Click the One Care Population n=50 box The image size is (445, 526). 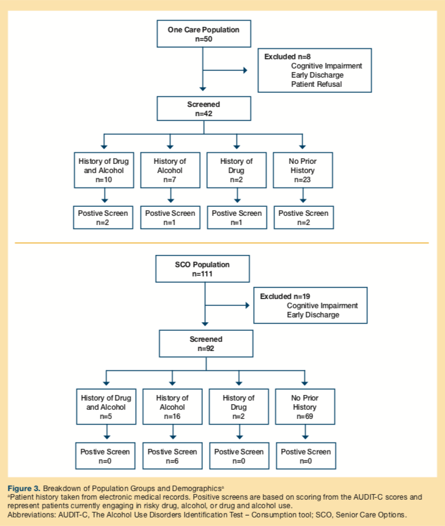coord(204,34)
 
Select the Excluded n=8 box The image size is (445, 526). coord(314,70)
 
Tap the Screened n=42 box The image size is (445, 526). coord(204,109)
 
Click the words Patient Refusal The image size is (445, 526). coord(316,84)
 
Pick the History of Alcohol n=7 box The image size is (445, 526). coord(170,171)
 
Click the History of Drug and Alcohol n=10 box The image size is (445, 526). coord(103,171)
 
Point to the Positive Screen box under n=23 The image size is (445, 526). coord(303,218)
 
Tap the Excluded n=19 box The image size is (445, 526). coord(311,305)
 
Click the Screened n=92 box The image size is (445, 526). coord(206,344)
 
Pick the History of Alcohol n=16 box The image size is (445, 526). coord(172,407)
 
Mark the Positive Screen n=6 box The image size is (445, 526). coord(172,456)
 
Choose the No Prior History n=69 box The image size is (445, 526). coord(305,407)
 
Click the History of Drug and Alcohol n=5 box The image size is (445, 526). coord(106,407)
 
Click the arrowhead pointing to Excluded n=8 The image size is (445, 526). coord(245,70)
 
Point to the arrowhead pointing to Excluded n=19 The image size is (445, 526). coord(248,305)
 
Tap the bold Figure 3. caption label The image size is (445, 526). coord(24,489)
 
